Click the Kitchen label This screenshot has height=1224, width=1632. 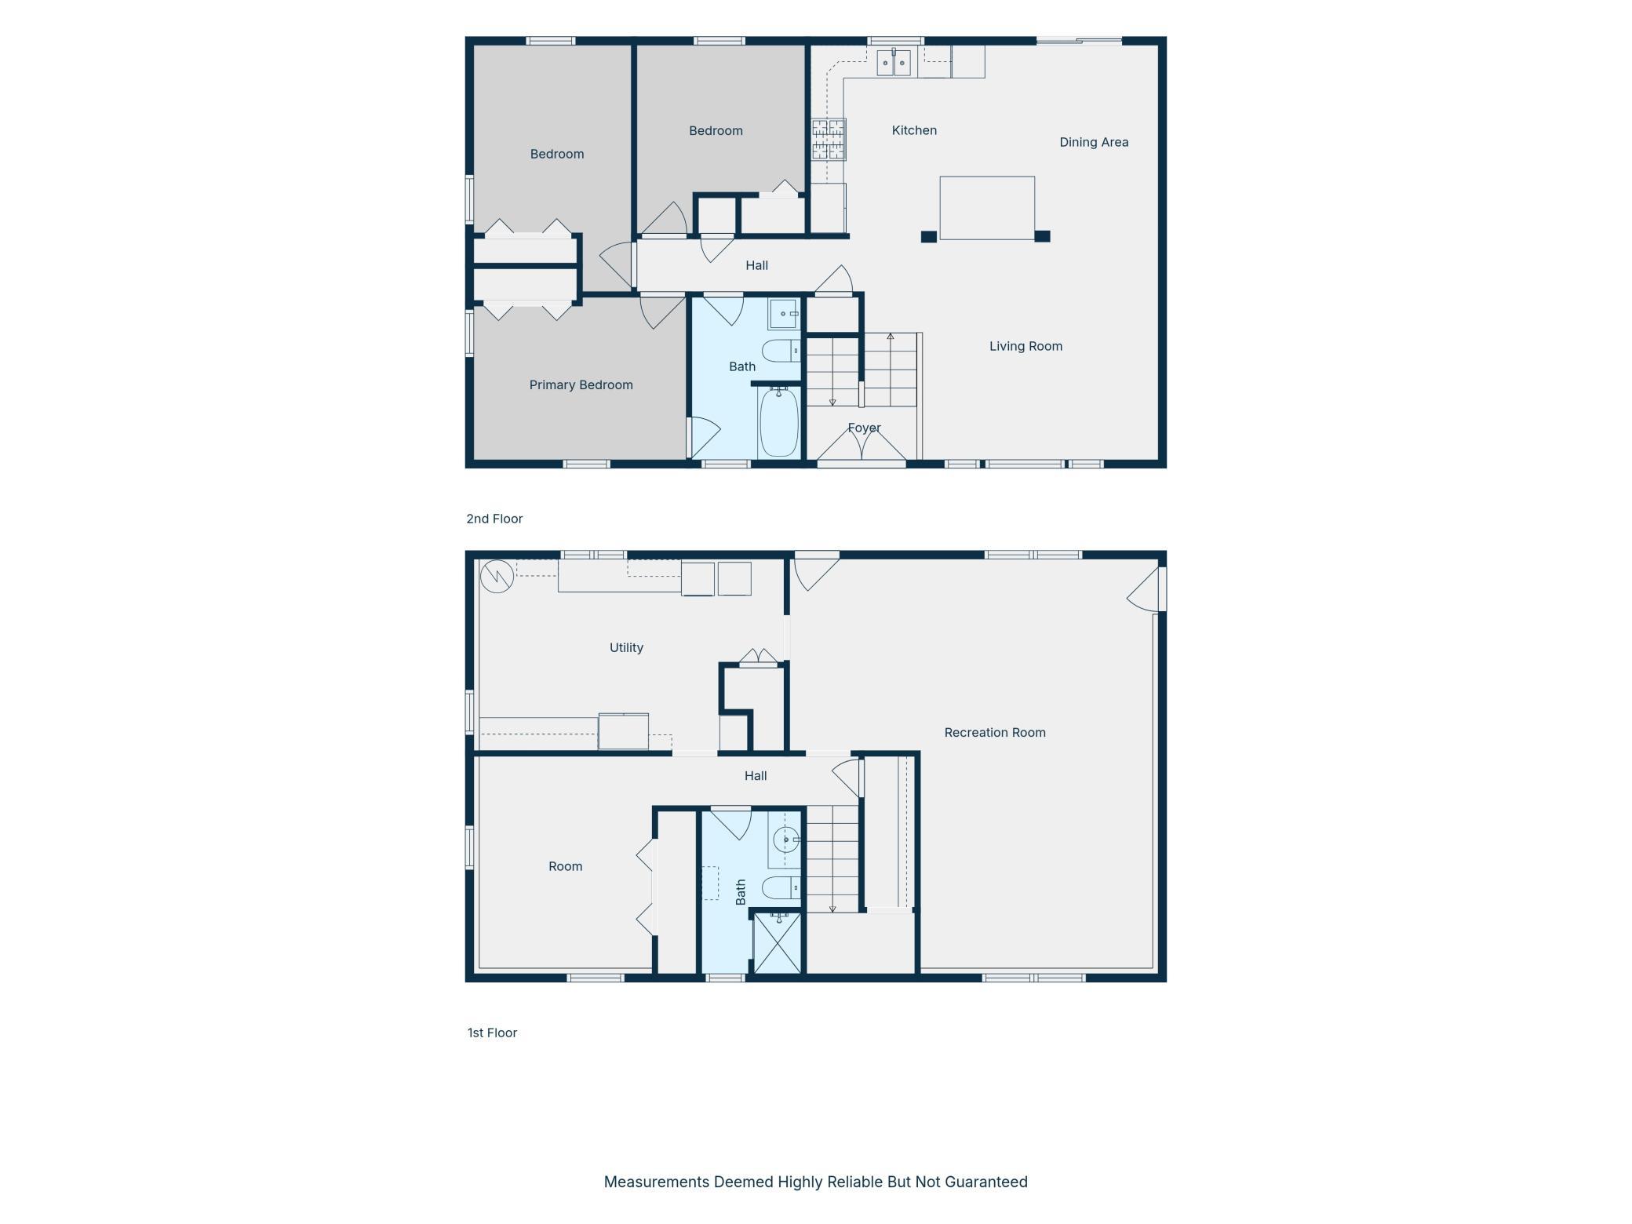tap(914, 130)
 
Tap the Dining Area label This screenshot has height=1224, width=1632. tap(1094, 142)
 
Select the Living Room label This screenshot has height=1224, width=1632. tap(1025, 346)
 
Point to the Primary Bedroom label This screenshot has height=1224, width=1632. tap(581, 384)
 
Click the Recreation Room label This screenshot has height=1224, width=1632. tap(995, 732)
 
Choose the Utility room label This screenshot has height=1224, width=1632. tap(626, 647)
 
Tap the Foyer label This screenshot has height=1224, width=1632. tap(864, 428)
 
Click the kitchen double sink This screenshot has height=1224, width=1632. tap(894, 63)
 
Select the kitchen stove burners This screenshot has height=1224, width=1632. tap(829, 139)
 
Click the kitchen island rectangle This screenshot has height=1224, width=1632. tap(987, 208)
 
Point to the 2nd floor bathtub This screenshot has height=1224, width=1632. tap(778, 422)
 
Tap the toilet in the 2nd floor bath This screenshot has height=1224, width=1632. tap(781, 351)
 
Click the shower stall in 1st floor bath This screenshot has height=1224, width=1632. tap(777, 942)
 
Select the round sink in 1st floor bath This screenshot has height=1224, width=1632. tap(785, 840)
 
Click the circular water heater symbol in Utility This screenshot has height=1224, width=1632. tap(497, 577)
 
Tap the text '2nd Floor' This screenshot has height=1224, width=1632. tap(494, 519)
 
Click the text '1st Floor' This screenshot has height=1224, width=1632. tap(492, 1033)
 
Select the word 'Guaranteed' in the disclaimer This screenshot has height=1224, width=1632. tap(985, 1182)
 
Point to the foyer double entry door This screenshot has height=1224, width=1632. tap(862, 446)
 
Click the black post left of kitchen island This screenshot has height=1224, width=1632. tap(928, 237)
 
